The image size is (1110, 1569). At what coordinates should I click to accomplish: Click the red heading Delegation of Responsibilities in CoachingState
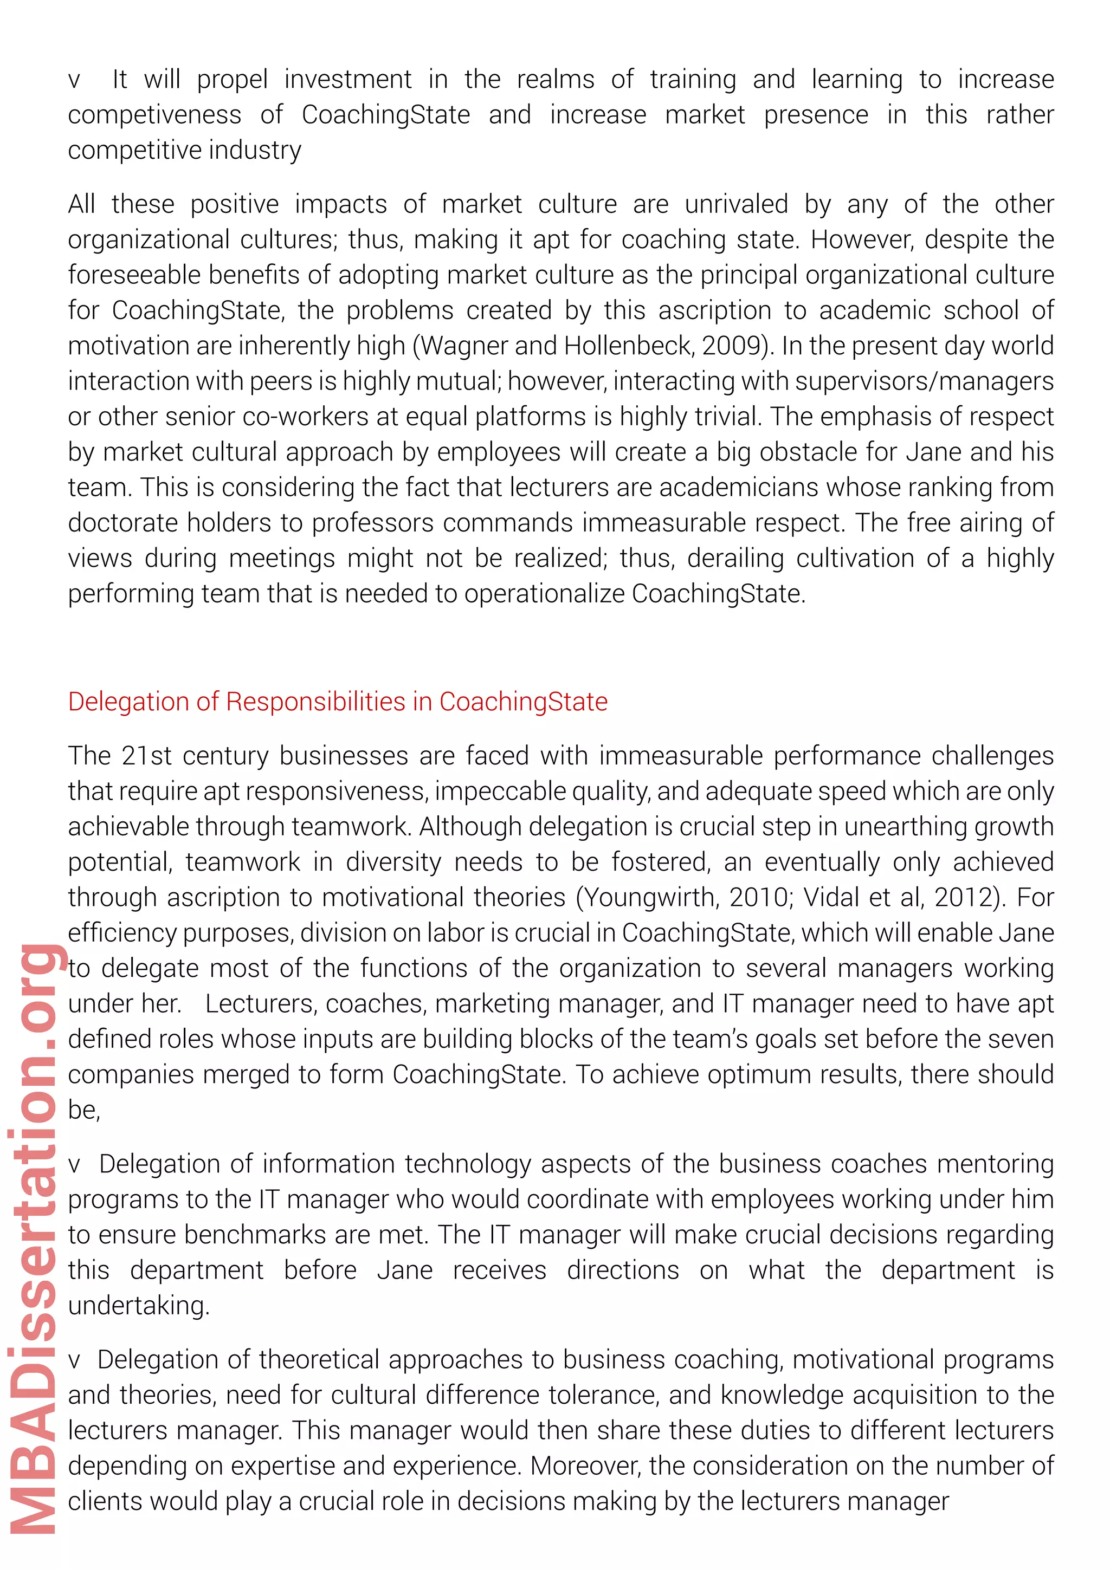pyautogui.click(x=338, y=702)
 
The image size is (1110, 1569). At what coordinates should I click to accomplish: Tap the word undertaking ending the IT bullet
pyautogui.click(x=138, y=1306)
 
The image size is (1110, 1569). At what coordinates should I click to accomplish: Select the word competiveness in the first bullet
pyautogui.click(x=154, y=115)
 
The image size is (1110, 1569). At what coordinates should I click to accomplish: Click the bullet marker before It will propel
pyautogui.click(x=74, y=81)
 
